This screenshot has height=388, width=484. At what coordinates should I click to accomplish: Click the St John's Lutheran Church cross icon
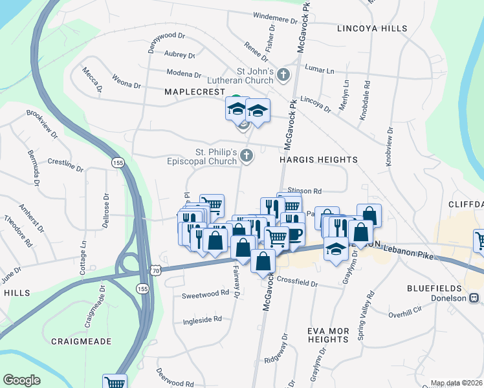point(283,76)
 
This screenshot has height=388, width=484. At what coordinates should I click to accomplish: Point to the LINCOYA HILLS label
point(372,28)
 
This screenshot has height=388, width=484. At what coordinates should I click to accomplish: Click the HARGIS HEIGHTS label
point(318,159)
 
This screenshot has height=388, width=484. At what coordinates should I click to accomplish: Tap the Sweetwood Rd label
point(205,292)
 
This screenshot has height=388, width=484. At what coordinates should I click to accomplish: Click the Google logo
point(22,380)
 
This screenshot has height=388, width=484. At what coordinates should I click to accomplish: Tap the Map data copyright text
point(456,383)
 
